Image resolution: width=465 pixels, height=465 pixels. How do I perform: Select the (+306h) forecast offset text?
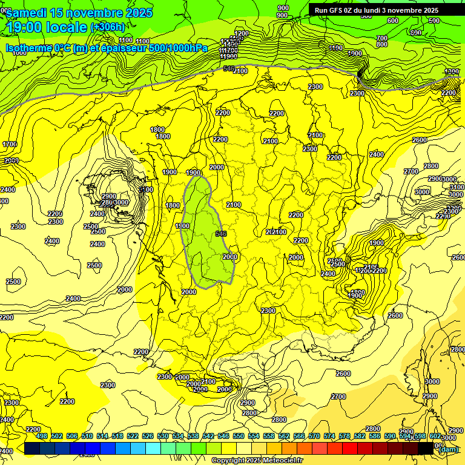[x=108, y=27]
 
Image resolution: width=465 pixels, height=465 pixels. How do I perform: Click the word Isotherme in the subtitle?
[x=29, y=48]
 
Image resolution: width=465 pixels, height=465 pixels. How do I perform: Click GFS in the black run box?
[x=336, y=10]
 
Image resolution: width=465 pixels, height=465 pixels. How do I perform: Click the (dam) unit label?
[x=449, y=449]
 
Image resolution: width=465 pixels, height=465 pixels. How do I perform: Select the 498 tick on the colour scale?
[x=42, y=436]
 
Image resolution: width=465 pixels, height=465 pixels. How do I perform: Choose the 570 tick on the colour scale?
[x=314, y=436]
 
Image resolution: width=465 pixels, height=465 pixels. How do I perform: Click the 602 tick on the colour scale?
[x=435, y=436]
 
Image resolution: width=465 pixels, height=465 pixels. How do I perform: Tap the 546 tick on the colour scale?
[x=223, y=436]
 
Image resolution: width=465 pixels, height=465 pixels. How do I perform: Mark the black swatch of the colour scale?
[x=426, y=448]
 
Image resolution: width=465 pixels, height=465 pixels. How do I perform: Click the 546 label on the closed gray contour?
[x=220, y=234]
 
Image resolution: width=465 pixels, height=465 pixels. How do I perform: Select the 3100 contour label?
[x=457, y=187]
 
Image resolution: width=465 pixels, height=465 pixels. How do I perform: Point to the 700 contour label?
[x=381, y=38]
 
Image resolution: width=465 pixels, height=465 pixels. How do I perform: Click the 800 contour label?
[x=381, y=44]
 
